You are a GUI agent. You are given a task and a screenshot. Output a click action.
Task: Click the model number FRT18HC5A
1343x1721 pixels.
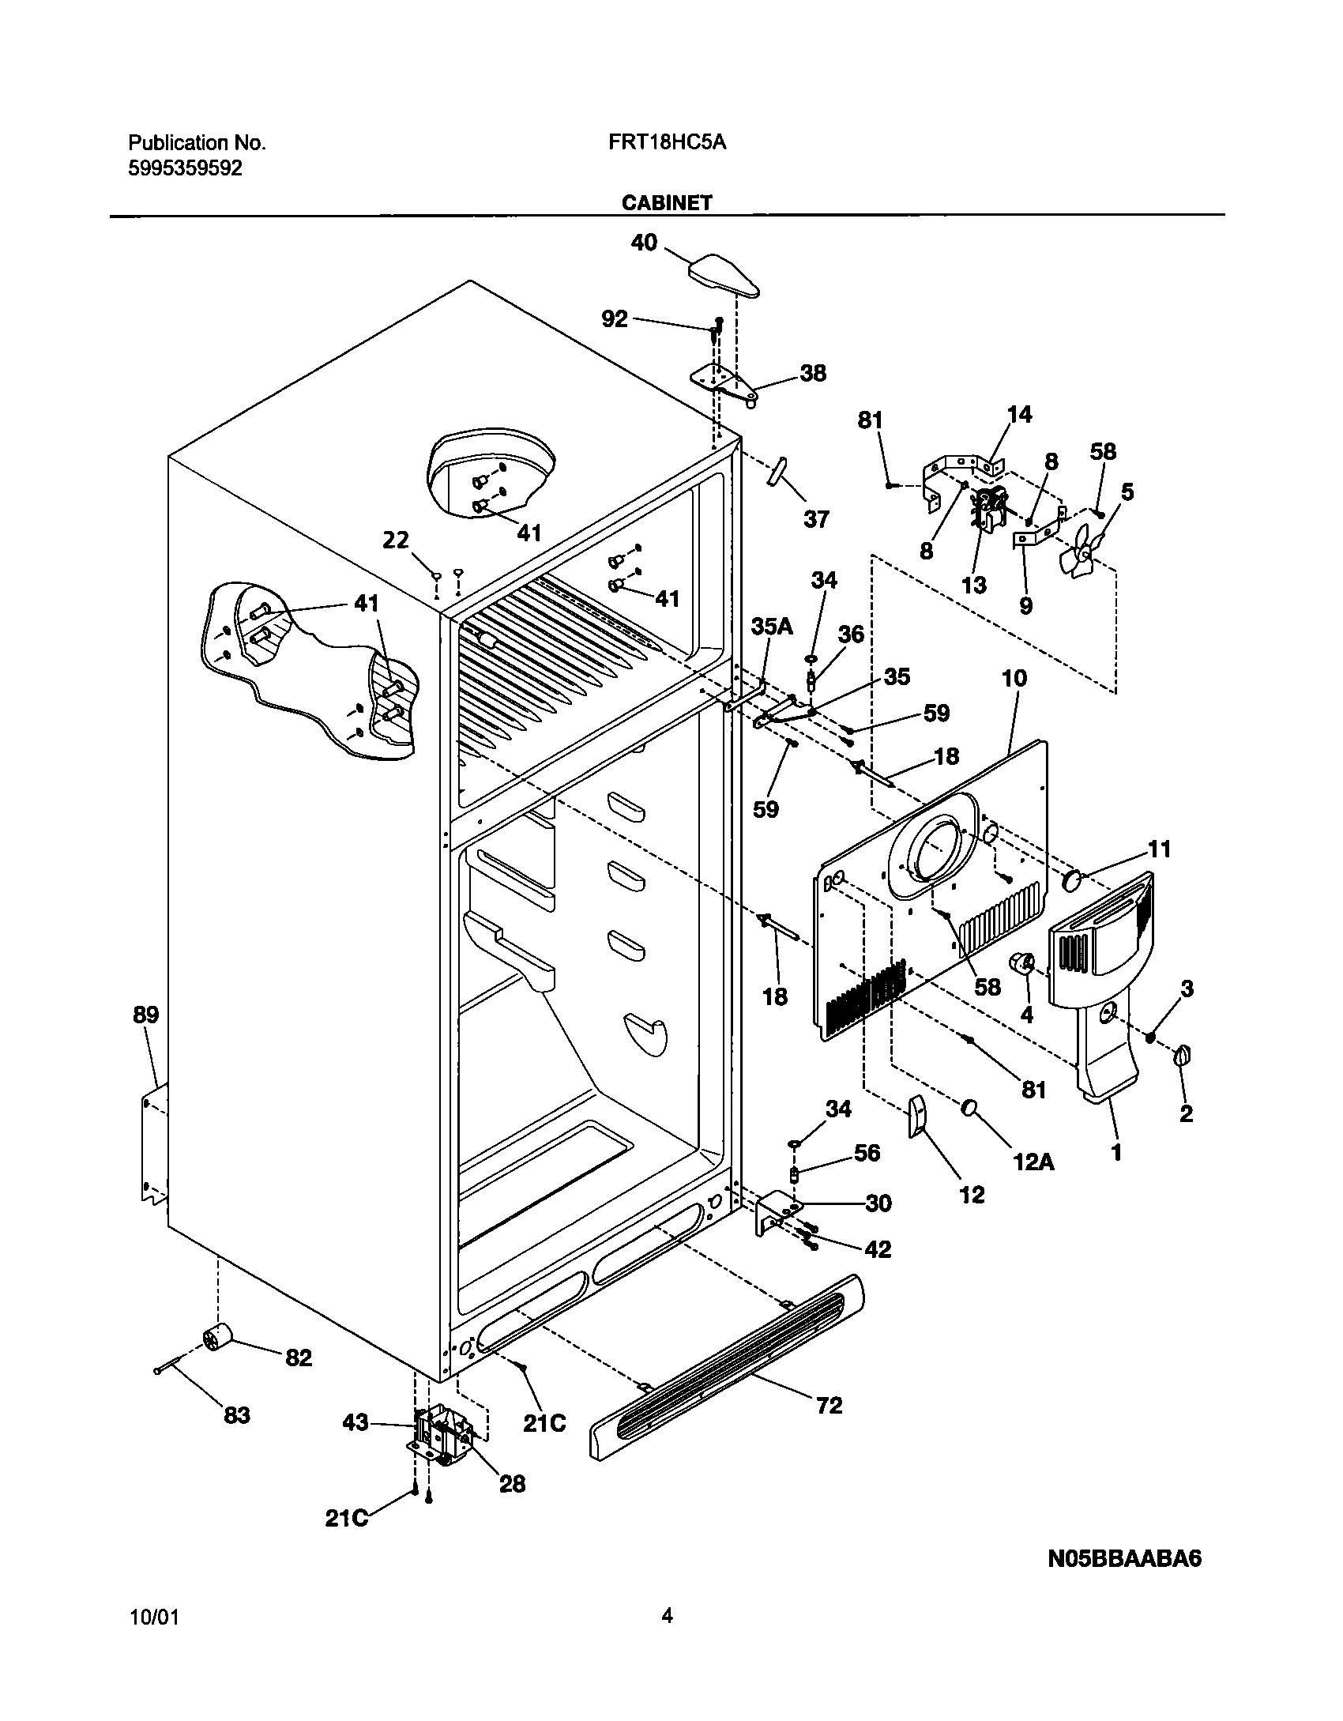pyautogui.click(x=667, y=143)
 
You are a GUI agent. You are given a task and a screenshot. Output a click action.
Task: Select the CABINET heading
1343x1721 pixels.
pyautogui.click(x=667, y=203)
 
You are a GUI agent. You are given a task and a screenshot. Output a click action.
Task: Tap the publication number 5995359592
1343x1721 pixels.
pyautogui.click(x=186, y=168)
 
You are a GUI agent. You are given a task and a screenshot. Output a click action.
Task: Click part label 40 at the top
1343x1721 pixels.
pyautogui.click(x=644, y=243)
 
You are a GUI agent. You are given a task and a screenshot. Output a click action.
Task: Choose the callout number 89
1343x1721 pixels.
pyautogui.click(x=146, y=1015)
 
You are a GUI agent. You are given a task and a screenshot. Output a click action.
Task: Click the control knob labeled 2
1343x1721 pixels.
pyautogui.click(x=1183, y=1055)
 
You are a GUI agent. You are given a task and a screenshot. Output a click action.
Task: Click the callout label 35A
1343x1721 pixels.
pyautogui.click(x=771, y=627)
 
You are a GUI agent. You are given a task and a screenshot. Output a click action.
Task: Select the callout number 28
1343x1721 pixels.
pyautogui.click(x=512, y=1484)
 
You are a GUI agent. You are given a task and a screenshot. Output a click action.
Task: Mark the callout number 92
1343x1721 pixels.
pyautogui.click(x=615, y=318)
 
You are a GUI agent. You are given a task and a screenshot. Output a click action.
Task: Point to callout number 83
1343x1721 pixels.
pyautogui.click(x=237, y=1414)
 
